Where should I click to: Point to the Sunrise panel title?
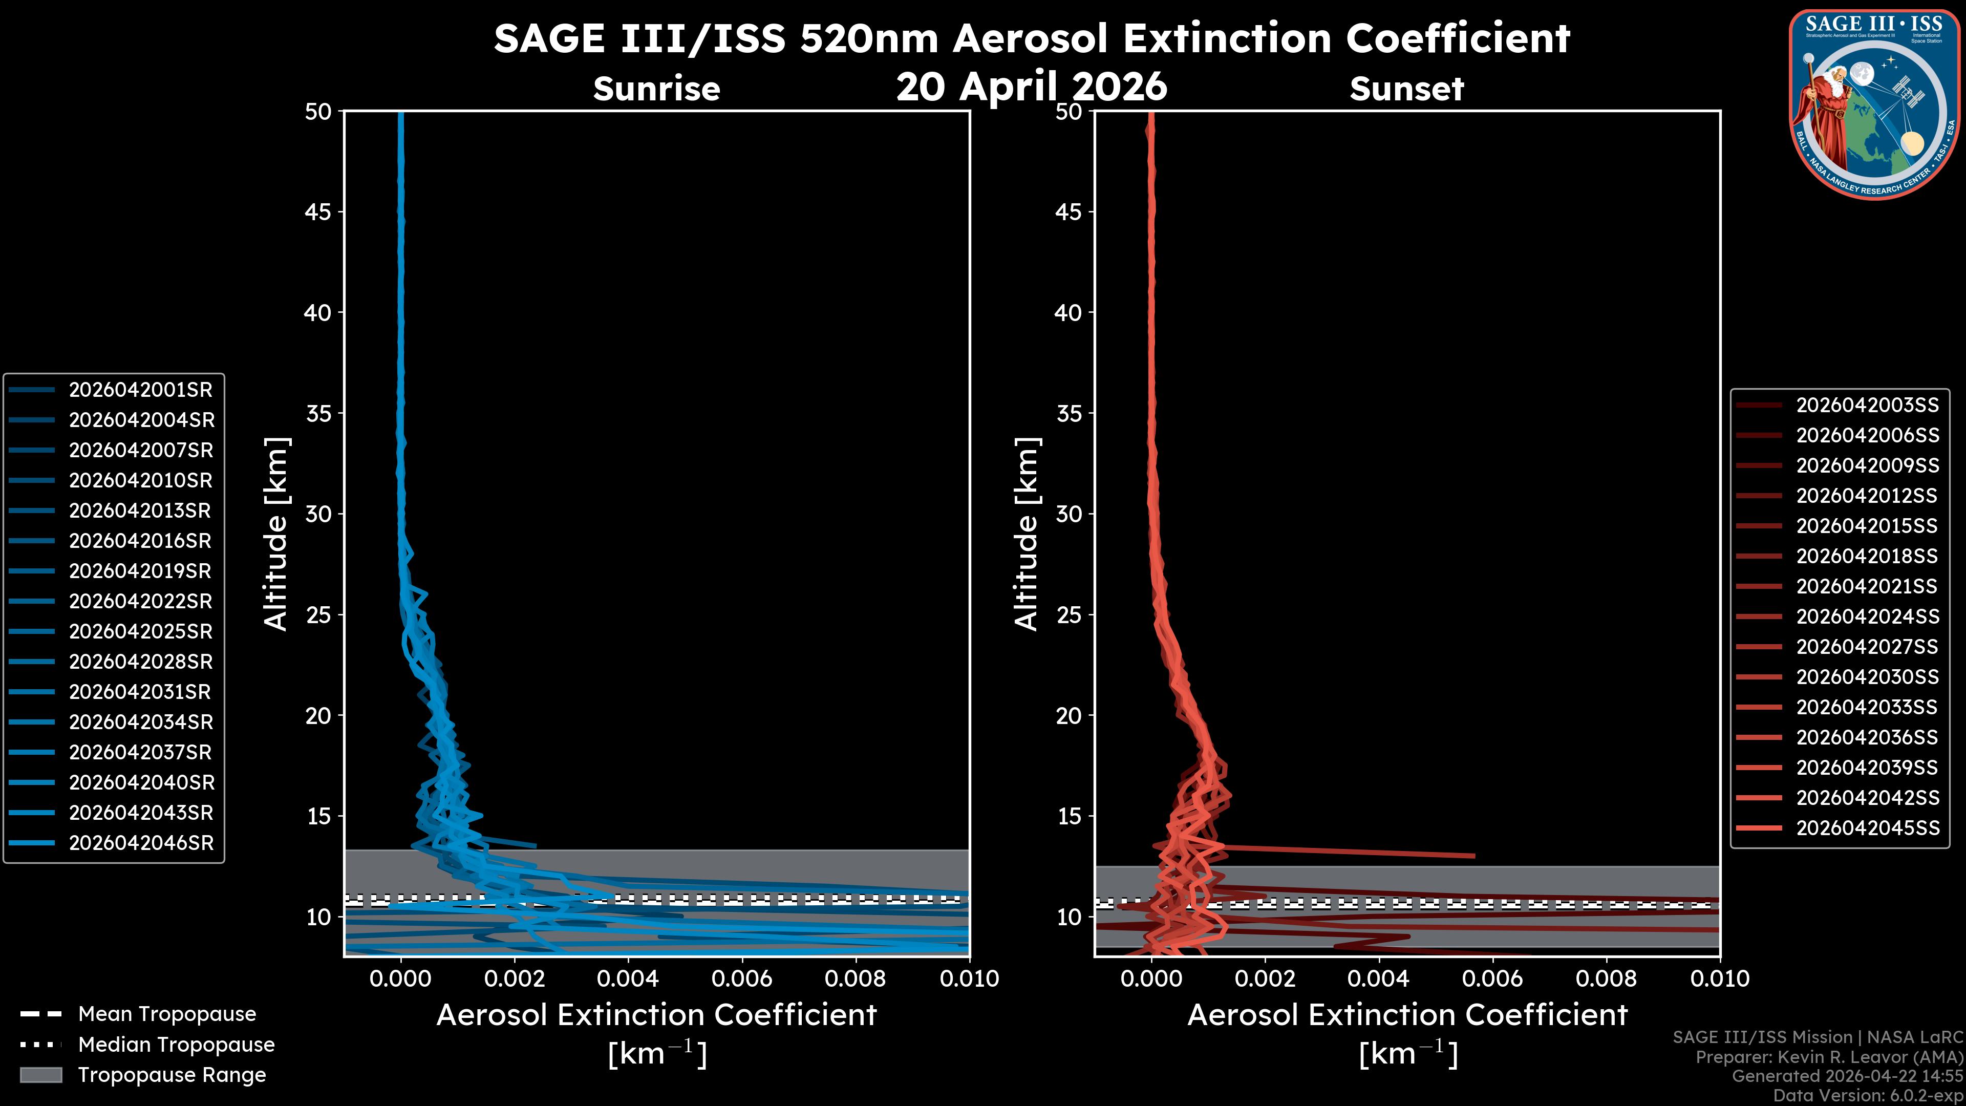point(656,89)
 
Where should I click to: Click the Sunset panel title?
point(1406,89)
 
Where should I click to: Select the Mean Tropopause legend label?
point(167,1014)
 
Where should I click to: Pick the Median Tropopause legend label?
point(176,1045)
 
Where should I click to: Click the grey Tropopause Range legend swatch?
point(41,1075)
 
